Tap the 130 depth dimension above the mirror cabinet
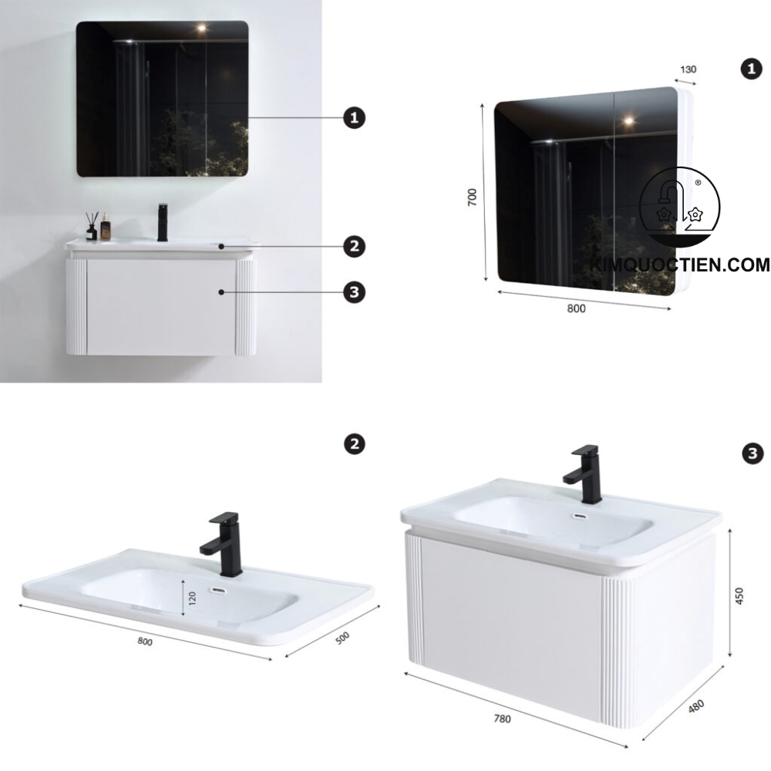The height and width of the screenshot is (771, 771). coord(688,69)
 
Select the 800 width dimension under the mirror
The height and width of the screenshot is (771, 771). coord(577,308)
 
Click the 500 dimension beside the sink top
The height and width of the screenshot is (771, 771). coord(342,640)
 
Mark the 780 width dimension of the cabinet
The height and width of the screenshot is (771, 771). coord(502,718)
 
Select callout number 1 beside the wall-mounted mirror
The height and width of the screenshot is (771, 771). coord(354,118)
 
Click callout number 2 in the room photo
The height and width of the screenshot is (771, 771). coord(354,247)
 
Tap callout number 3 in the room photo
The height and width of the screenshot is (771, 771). coord(354,292)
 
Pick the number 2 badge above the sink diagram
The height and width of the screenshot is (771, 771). coord(354,444)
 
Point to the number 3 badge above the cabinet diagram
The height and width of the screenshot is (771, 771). coord(752,454)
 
